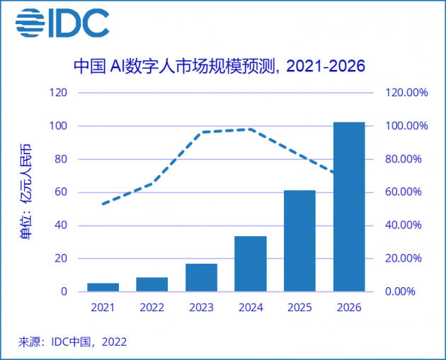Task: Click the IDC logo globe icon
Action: point(30,23)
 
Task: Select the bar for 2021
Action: point(103,287)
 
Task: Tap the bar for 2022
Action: point(152,284)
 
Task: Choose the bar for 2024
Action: point(251,264)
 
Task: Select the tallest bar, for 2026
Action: point(349,207)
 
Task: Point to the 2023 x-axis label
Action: point(201,308)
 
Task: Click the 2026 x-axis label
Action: point(349,308)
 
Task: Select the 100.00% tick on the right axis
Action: point(403,126)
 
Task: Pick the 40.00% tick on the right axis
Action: point(403,226)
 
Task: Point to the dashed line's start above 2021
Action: point(103,204)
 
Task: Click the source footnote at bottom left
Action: point(72,342)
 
